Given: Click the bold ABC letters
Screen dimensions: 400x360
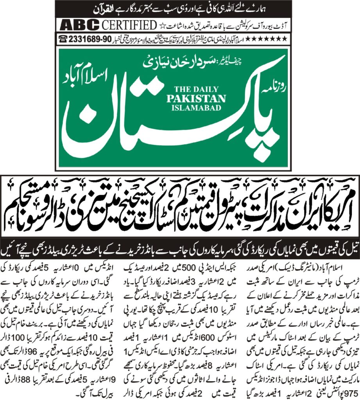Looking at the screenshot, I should pos(79,25).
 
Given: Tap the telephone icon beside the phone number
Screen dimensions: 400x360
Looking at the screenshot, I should pos(62,38).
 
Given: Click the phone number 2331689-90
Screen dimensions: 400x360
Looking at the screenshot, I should pos(90,38).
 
